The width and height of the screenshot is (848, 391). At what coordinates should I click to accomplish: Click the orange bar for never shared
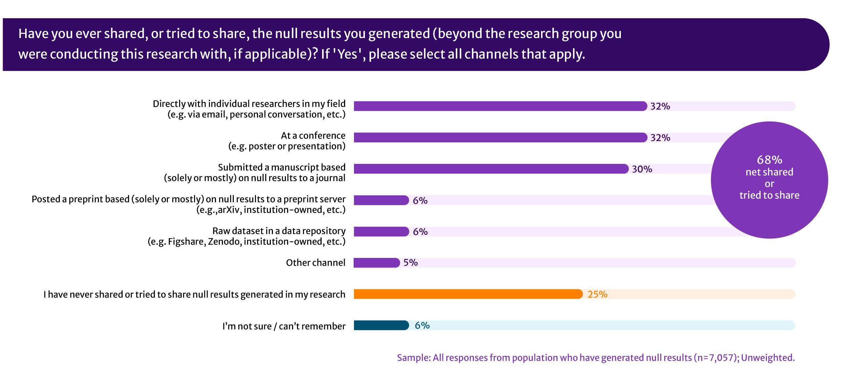tap(468, 294)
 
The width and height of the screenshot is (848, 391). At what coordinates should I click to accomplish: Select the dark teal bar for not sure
tap(381, 325)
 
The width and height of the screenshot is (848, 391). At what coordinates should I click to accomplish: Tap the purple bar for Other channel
tap(376, 263)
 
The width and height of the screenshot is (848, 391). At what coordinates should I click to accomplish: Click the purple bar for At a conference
tap(500, 137)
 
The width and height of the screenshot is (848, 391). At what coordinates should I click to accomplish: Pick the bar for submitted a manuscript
tap(491, 169)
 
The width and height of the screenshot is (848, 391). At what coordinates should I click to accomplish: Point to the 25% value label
tap(597, 294)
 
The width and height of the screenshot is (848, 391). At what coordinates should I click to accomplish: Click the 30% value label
tap(642, 169)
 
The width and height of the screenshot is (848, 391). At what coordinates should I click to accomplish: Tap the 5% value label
tap(410, 263)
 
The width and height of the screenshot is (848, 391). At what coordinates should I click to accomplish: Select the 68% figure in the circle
tap(769, 160)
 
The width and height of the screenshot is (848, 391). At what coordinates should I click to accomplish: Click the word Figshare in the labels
tap(187, 242)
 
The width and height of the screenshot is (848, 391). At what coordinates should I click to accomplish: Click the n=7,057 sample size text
tap(716, 358)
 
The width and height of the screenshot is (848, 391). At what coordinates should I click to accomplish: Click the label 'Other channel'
tap(316, 263)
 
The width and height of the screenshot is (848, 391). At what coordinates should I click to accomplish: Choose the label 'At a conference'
tap(313, 135)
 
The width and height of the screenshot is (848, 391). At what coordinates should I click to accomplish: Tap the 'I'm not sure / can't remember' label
tap(284, 326)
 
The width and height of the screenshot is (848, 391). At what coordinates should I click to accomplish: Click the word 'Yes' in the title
tap(347, 54)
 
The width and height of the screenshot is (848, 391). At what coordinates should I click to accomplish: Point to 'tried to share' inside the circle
tap(769, 195)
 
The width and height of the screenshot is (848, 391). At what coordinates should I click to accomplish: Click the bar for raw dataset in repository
tap(381, 231)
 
